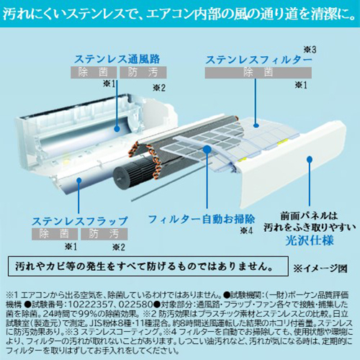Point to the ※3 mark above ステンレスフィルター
308,48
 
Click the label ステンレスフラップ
79,220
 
